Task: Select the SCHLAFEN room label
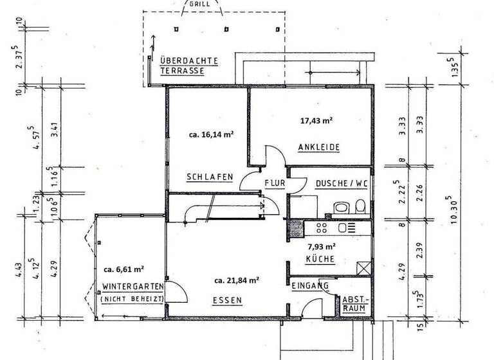pyautogui.click(x=209, y=177)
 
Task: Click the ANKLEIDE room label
pyautogui.click(x=318, y=147)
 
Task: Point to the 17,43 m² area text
pyautogui.click(x=316, y=120)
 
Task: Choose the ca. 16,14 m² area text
pyautogui.click(x=211, y=135)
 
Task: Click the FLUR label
pyautogui.click(x=275, y=183)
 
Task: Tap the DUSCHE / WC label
pyautogui.click(x=341, y=183)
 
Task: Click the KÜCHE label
pyautogui.click(x=320, y=260)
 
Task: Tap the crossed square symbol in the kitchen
pyautogui.click(x=363, y=268)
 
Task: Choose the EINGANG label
pyautogui.click(x=310, y=285)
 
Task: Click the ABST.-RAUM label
pyautogui.click(x=354, y=303)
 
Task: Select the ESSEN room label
pyautogui.click(x=228, y=300)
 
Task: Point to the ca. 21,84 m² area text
pyautogui.click(x=237, y=280)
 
